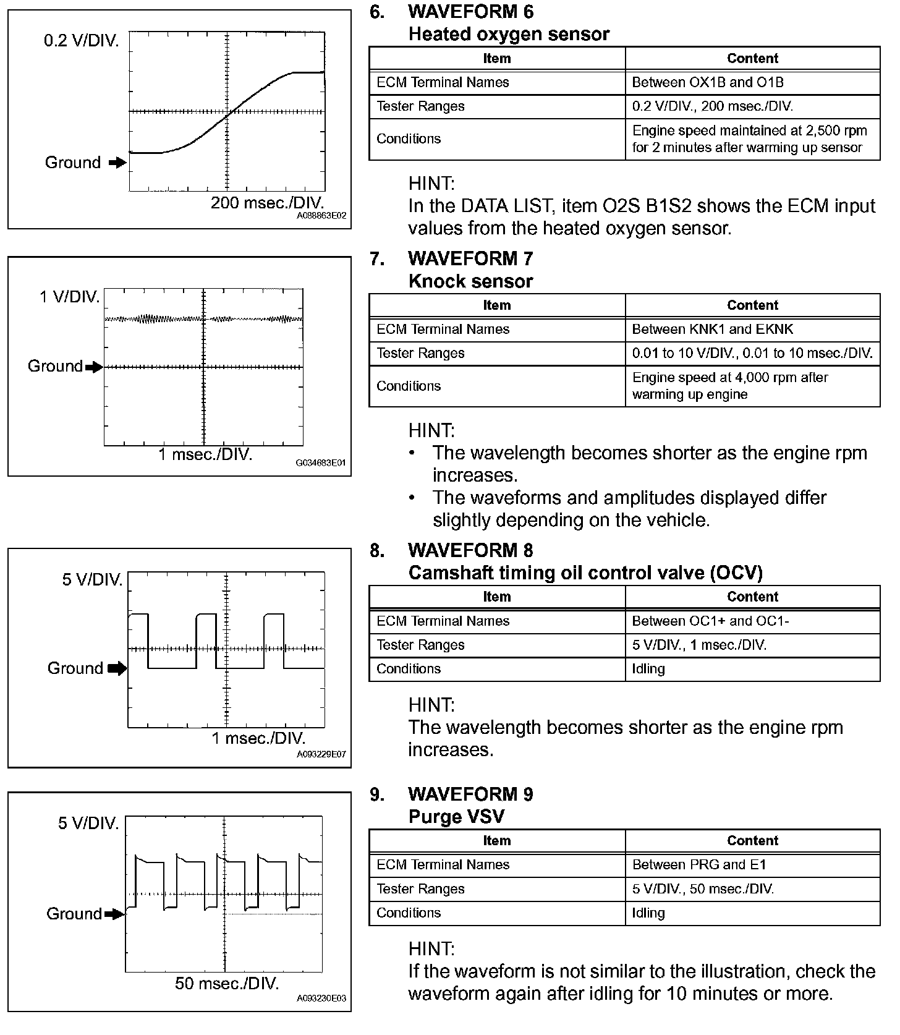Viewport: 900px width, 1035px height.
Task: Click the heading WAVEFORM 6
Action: [470, 12]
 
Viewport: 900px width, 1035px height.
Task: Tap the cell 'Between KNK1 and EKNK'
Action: [712, 329]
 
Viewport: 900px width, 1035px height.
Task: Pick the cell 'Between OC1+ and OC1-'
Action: [710, 621]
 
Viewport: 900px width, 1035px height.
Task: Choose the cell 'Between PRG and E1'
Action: [698, 864]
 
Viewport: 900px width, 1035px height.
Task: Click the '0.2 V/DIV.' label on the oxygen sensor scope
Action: [81, 41]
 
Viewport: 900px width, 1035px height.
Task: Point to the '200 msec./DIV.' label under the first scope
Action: [267, 203]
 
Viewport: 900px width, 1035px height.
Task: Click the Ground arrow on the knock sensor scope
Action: [94, 367]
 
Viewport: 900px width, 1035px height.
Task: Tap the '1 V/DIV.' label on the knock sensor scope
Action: [69, 297]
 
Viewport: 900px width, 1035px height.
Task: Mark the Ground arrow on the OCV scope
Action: [117, 668]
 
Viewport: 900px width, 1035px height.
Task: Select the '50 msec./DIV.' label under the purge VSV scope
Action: [227, 983]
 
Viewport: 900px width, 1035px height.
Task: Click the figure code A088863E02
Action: [321, 216]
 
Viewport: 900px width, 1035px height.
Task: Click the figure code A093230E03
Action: [321, 998]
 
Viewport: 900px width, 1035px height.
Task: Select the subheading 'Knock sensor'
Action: [470, 281]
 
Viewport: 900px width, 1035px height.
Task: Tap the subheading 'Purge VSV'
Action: [456, 817]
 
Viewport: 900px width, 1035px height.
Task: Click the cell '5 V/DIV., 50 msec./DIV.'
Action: [703, 888]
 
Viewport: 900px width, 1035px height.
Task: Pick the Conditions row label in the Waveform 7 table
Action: [409, 386]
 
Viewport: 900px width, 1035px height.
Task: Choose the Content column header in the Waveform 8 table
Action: [752, 597]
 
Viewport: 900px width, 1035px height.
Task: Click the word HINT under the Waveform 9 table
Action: [431, 948]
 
